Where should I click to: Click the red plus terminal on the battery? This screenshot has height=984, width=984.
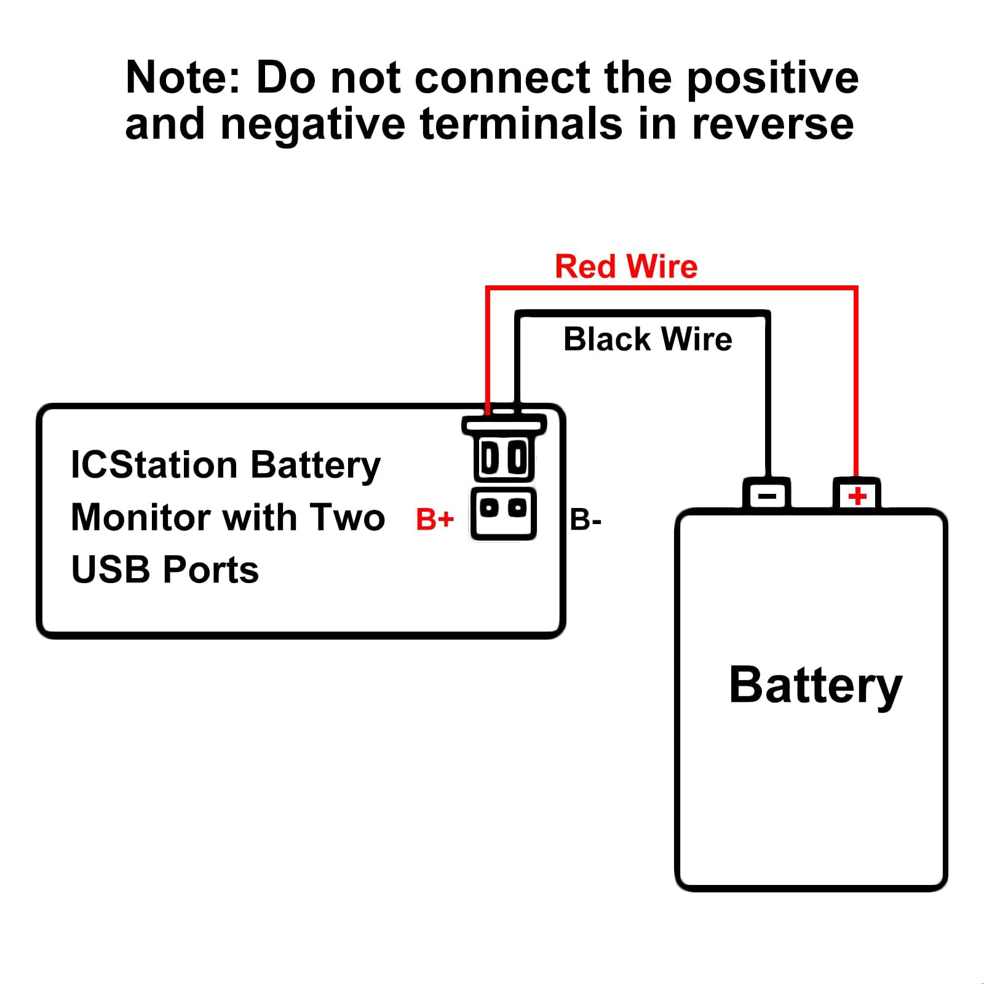(x=857, y=495)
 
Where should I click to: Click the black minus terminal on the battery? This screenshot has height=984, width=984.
(x=767, y=495)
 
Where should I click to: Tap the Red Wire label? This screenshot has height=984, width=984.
(x=626, y=267)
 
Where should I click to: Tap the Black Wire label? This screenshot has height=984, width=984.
(x=648, y=339)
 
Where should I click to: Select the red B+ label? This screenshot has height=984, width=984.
(x=435, y=519)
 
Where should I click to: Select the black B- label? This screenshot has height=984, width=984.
(x=585, y=520)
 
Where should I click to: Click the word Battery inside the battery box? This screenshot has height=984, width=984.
(x=815, y=686)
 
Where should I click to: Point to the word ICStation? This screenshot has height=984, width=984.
(x=154, y=465)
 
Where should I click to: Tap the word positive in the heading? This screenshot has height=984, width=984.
(x=772, y=79)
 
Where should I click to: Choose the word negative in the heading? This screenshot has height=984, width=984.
(x=313, y=125)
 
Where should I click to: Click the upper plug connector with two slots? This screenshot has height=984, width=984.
(x=504, y=457)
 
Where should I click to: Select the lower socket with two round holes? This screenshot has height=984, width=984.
(x=504, y=512)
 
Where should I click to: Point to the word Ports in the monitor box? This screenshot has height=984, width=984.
(x=212, y=570)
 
